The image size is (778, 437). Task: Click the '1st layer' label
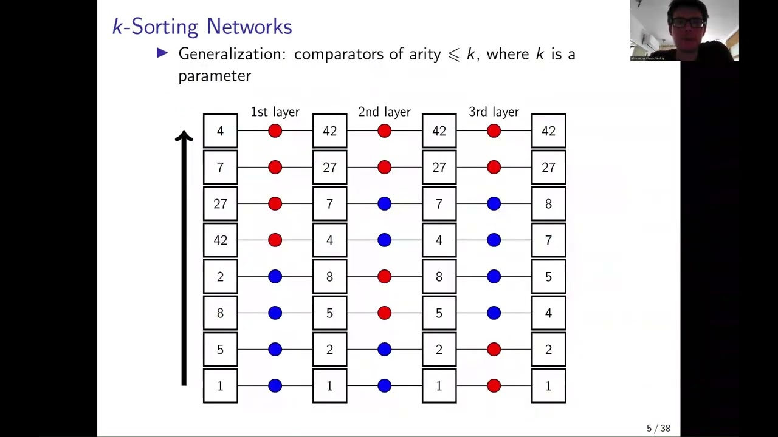(275, 112)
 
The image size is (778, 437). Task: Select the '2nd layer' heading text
(384, 112)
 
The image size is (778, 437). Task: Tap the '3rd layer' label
(494, 112)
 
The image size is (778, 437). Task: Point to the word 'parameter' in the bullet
(215, 76)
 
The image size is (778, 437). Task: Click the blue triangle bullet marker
(162, 53)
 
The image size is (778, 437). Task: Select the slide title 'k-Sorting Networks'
(202, 27)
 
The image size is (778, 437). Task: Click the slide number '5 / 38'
(658, 429)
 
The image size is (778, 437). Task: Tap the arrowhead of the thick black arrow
(184, 137)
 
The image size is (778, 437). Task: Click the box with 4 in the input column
(220, 131)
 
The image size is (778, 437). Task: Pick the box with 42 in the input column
(220, 240)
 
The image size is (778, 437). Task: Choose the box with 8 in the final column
(548, 204)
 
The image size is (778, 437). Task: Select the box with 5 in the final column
(548, 277)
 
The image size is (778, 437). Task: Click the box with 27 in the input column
(220, 204)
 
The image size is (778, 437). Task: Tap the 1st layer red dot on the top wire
(275, 131)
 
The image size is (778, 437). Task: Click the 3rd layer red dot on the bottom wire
(494, 386)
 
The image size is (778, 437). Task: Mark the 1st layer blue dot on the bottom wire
(275, 386)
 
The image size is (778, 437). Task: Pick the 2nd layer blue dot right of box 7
(384, 204)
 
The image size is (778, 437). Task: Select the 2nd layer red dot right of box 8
(384, 277)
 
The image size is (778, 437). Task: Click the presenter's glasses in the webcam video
(687, 22)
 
